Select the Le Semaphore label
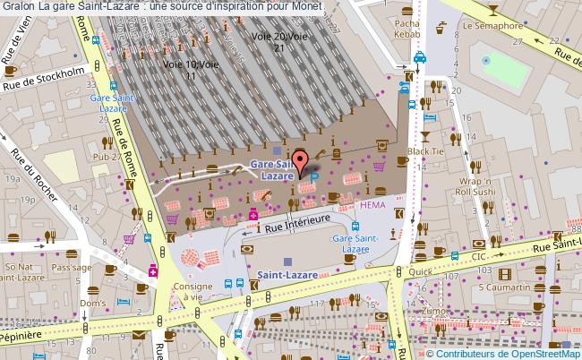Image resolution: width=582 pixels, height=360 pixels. pyautogui.click(x=492, y=26)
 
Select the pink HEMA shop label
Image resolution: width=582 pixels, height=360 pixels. pyautogui.click(x=372, y=205)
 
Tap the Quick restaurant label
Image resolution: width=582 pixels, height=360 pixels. pyautogui.click(x=420, y=270)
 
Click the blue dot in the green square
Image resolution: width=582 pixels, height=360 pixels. pyautogui.click(x=486, y=60)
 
